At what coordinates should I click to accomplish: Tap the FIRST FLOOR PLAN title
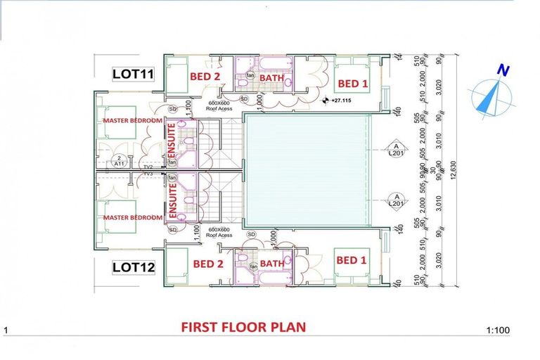tap(243, 327)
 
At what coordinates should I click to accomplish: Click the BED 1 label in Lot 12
tap(347, 260)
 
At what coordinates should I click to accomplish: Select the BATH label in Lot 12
tap(272, 264)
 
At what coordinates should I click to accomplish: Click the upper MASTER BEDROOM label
tap(132, 121)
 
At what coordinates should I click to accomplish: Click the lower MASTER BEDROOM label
tap(132, 217)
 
